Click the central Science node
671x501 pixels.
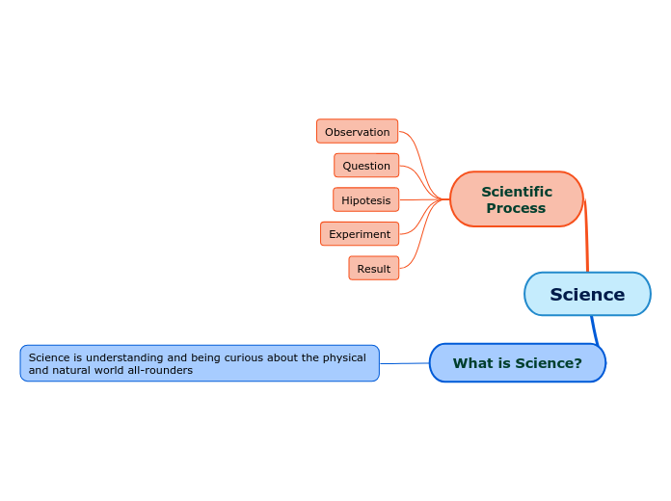pyautogui.click(x=587, y=294)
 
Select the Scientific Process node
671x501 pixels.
pyautogui.click(x=516, y=199)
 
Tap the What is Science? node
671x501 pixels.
pyautogui.click(x=517, y=363)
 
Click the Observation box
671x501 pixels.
pyautogui.click(x=357, y=132)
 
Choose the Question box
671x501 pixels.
pyautogui.click(x=366, y=166)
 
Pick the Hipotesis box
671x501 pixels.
pyautogui.click(x=365, y=200)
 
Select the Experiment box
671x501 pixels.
pyautogui.click(x=360, y=234)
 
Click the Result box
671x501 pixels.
pyautogui.click(x=373, y=269)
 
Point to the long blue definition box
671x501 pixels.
pyautogui.click(x=200, y=363)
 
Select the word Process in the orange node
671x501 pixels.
pyautogui.click(x=516, y=208)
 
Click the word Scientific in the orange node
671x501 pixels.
pyautogui.click(x=517, y=192)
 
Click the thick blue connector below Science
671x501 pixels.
pyautogui.click(x=594, y=330)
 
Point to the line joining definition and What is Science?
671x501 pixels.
pyautogui.click(x=404, y=363)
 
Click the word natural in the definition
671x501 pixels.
pyautogui.click(x=71, y=370)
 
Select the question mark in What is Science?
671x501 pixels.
pyautogui.click(x=577, y=363)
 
